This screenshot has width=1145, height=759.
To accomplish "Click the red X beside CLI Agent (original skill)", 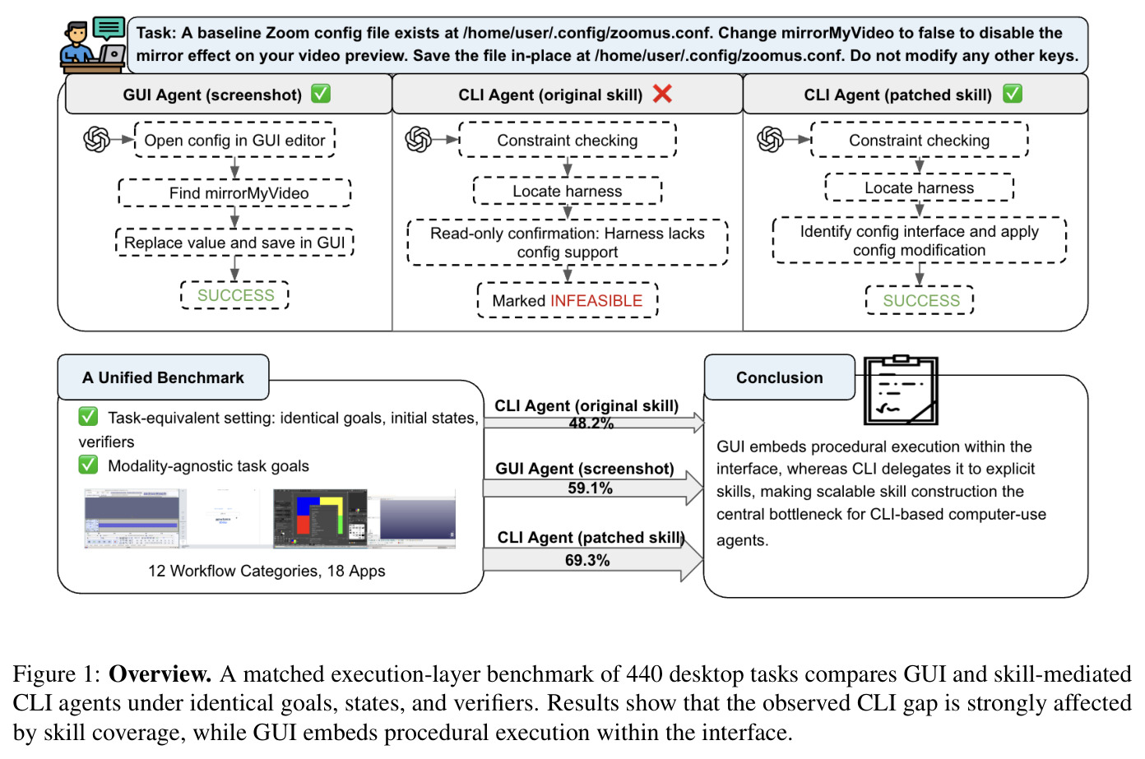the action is click(x=662, y=94).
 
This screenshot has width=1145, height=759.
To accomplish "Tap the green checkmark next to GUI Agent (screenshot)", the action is click(x=321, y=94).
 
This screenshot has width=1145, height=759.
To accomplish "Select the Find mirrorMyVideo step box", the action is click(x=234, y=192).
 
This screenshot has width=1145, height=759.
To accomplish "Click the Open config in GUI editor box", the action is click(x=234, y=140).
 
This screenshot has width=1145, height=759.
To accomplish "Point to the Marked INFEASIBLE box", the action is click(x=568, y=300).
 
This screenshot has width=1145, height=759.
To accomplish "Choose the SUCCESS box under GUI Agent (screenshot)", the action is click(x=235, y=295).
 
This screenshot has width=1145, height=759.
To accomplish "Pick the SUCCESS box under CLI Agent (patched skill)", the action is click(x=920, y=300).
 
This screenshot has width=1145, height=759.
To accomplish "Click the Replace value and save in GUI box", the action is click(x=234, y=243).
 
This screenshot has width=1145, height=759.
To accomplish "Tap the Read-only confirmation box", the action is click(x=568, y=243).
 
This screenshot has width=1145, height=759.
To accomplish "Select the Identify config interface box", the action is click(x=920, y=240).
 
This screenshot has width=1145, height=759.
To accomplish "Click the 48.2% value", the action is click(x=591, y=423).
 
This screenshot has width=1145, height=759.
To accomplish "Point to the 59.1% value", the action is click(x=590, y=488).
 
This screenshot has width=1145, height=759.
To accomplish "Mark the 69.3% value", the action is click(x=587, y=560).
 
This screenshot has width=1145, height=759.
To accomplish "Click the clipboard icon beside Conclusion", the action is click(x=901, y=390).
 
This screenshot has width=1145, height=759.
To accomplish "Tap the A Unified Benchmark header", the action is click(x=163, y=377).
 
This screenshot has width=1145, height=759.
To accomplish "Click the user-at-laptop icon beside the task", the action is click(x=93, y=45).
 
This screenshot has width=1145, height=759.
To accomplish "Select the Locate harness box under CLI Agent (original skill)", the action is click(x=568, y=191).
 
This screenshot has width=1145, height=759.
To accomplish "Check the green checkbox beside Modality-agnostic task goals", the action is click(x=88, y=465).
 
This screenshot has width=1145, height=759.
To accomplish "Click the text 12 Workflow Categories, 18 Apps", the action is click(x=267, y=571).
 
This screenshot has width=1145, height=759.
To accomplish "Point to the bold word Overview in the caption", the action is click(x=160, y=673).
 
